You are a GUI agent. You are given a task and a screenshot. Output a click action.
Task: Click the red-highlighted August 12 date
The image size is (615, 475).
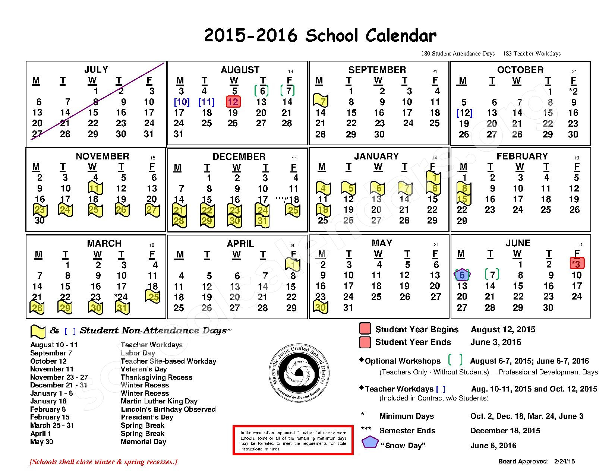click(233, 102)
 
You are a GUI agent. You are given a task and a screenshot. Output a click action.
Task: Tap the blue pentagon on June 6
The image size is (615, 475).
click(462, 275)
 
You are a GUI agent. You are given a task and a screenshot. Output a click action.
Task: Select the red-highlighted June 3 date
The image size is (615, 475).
click(576, 264)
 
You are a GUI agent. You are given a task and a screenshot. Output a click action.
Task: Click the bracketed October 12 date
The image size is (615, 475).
click(464, 113)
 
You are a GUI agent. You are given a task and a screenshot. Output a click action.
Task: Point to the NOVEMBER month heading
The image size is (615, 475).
click(102, 156)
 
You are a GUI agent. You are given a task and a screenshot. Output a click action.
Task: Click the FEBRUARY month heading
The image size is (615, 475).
click(522, 156)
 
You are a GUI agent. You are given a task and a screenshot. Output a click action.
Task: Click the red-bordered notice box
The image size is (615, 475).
click(293, 440)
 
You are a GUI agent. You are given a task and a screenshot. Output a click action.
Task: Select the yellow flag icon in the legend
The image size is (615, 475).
click(38, 331)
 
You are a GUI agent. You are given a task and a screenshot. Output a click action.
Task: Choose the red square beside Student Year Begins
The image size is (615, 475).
click(365, 329)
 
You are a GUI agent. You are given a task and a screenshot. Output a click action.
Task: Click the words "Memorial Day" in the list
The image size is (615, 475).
click(143, 442)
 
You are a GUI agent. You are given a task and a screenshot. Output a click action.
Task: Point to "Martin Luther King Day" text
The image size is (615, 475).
click(159, 401)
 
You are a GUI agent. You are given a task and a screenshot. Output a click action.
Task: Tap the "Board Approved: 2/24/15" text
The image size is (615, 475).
click(536, 461)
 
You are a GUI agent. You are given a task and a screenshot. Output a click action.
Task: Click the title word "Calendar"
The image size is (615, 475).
click(401, 36)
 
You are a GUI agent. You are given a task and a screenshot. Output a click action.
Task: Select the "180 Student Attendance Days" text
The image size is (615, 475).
click(458, 54)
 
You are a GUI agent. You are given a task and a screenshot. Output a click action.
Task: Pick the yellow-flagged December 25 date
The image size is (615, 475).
click(293, 210)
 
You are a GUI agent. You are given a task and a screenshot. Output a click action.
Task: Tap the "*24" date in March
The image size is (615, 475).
click(121, 297)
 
